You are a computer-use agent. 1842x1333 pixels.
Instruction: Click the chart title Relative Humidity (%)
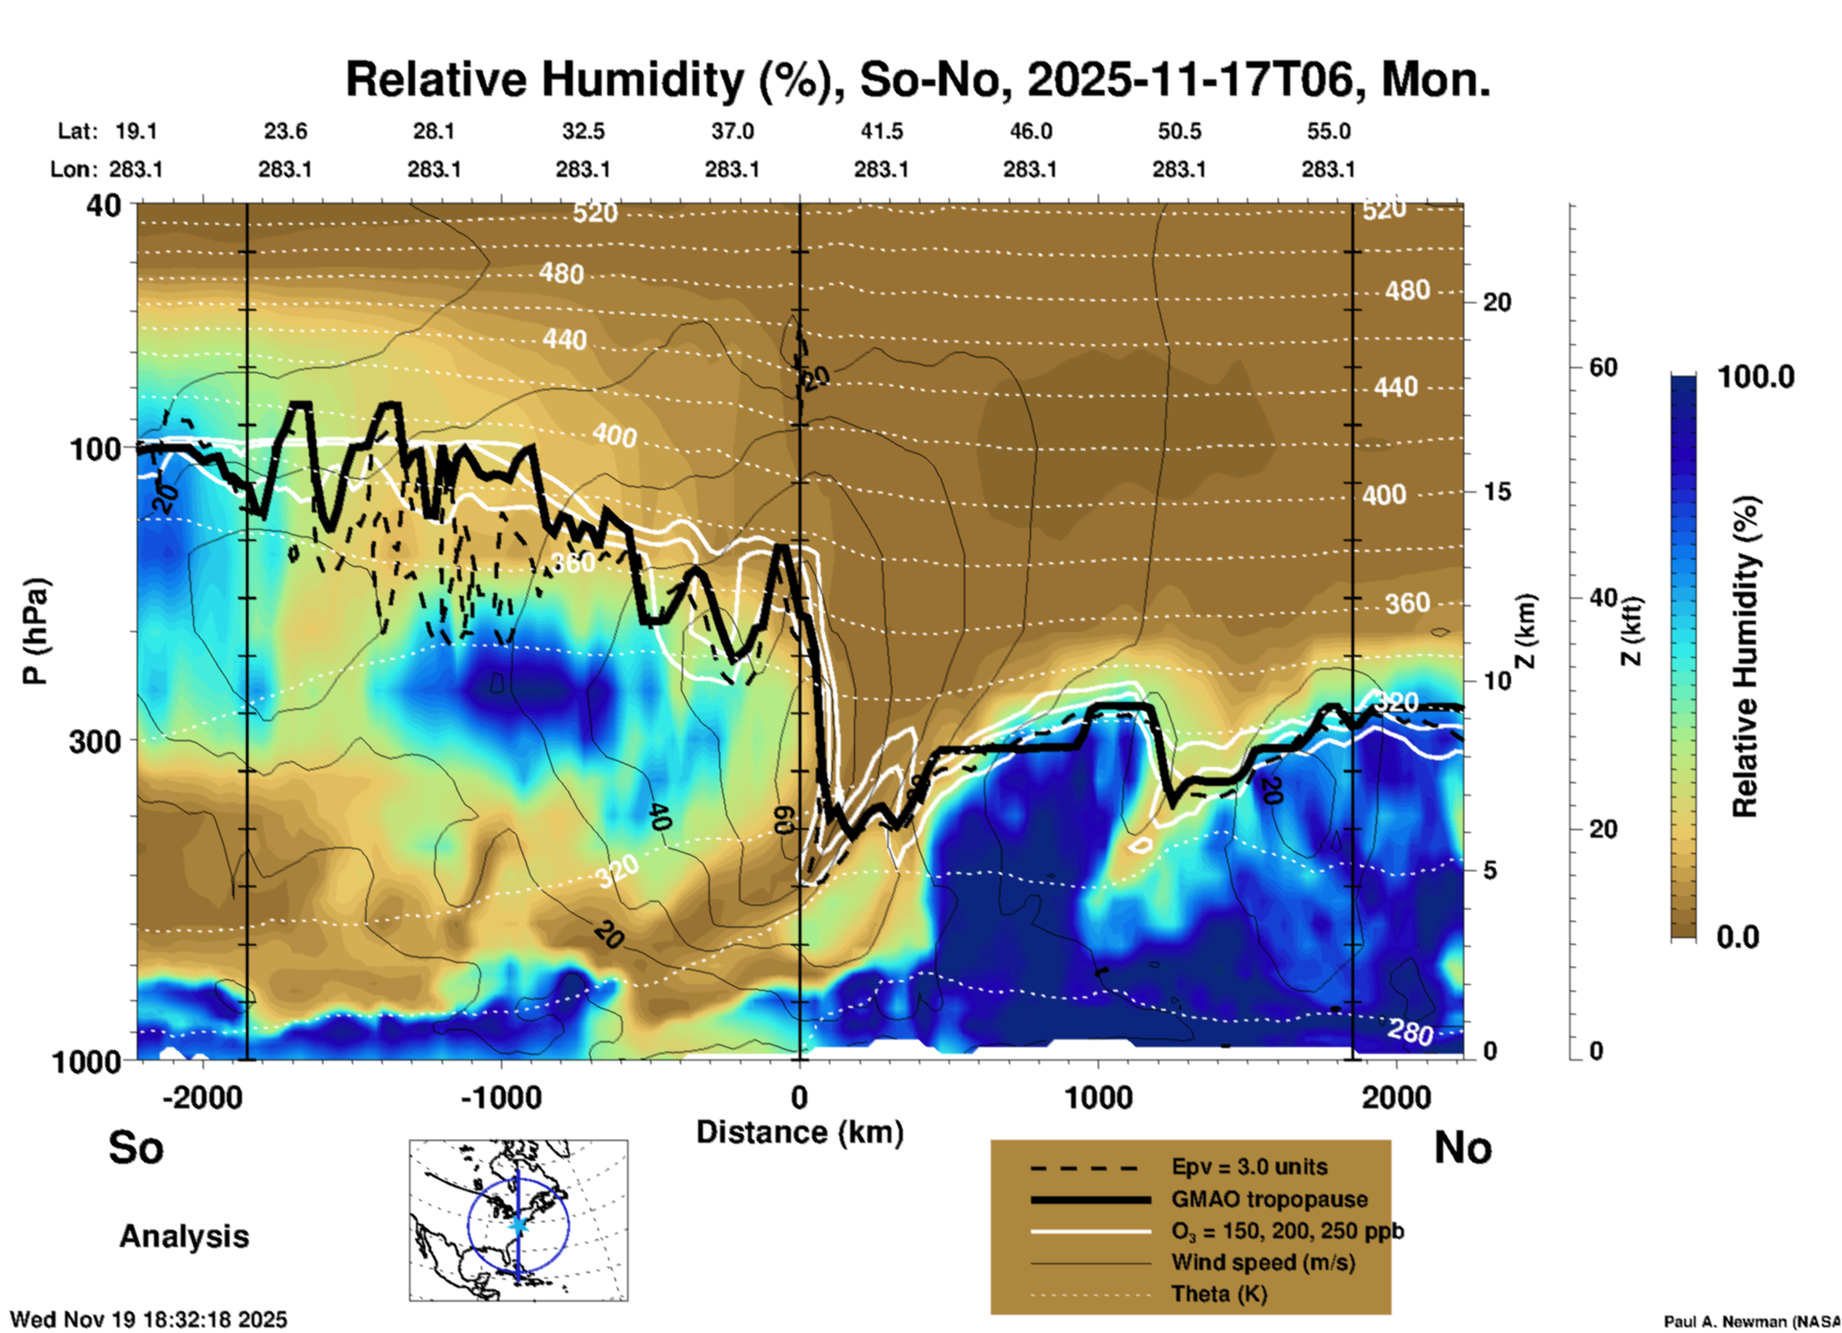[x=916, y=79]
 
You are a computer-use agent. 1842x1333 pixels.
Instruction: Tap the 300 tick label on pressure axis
[x=96, y=741]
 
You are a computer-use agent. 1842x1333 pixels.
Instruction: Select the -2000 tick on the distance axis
[x=202, y=1097]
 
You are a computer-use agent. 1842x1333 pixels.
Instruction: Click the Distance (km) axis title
[x=800, y=1132]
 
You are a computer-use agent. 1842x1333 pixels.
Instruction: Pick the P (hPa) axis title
[x=35, y=631]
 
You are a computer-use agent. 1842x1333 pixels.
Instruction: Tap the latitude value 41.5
[x=881, y=132]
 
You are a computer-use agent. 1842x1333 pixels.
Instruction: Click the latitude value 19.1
[x=136, y=132]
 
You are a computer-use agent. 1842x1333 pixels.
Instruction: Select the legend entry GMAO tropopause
[x=1269, y=1199]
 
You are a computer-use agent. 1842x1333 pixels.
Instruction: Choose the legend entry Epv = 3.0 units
[x=1249, y=1168]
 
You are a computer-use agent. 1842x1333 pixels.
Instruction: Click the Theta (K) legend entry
[x=1218, y=1294]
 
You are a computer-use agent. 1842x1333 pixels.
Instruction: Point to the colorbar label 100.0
[x=1756, y=377]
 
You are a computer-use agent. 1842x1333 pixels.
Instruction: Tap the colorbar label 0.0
[x=1738, y=937]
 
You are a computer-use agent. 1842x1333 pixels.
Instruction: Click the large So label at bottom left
[x=136, y=1147]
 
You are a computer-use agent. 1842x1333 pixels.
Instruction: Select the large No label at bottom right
[x=1462, y=1147]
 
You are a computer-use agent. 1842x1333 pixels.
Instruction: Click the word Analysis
[x=184, y=1236]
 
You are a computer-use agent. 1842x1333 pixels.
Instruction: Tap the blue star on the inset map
[x=518, y=1223]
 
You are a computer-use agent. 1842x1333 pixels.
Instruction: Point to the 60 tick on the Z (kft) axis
[x=1603, y=367]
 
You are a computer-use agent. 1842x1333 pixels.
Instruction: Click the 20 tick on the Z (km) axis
[x=1497, y=303]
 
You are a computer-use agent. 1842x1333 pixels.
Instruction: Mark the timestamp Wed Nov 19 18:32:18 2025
[x=148, y=1320]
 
